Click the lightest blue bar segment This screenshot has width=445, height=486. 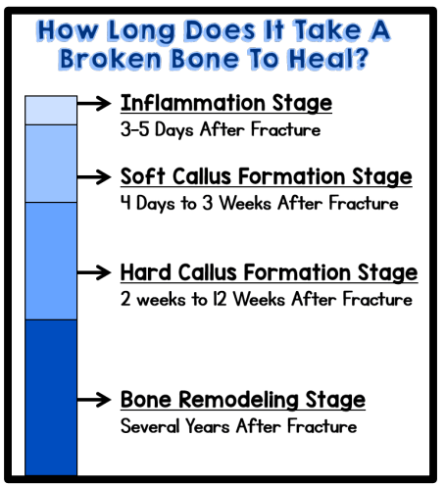tap(51, 110)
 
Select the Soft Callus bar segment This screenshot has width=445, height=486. tap(51, 164)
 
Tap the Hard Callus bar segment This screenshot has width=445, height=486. tap(51, 261)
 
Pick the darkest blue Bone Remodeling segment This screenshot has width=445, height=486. tap(51, 398)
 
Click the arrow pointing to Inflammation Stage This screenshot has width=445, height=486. tap(94, 103)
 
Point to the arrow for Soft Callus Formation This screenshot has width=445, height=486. tap(94, 177)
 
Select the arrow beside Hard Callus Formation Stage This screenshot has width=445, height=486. tap(94, 272)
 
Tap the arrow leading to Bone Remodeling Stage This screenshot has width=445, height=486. tap(94, 400)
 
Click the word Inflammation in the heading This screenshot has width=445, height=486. tap(193, 103)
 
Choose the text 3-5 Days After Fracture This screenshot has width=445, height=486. tap(221, 129)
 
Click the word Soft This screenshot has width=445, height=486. tap(143, 176)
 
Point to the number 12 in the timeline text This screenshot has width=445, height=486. tap(220, 299)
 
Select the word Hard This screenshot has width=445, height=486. tap(146, 271)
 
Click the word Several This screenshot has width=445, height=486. tap(150, 426)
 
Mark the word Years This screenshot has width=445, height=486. tap(208, 426)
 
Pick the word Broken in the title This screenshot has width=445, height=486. tap(111, 59)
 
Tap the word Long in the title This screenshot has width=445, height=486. tap(141, 32)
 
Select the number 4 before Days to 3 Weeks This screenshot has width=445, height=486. tap(125, 203)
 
